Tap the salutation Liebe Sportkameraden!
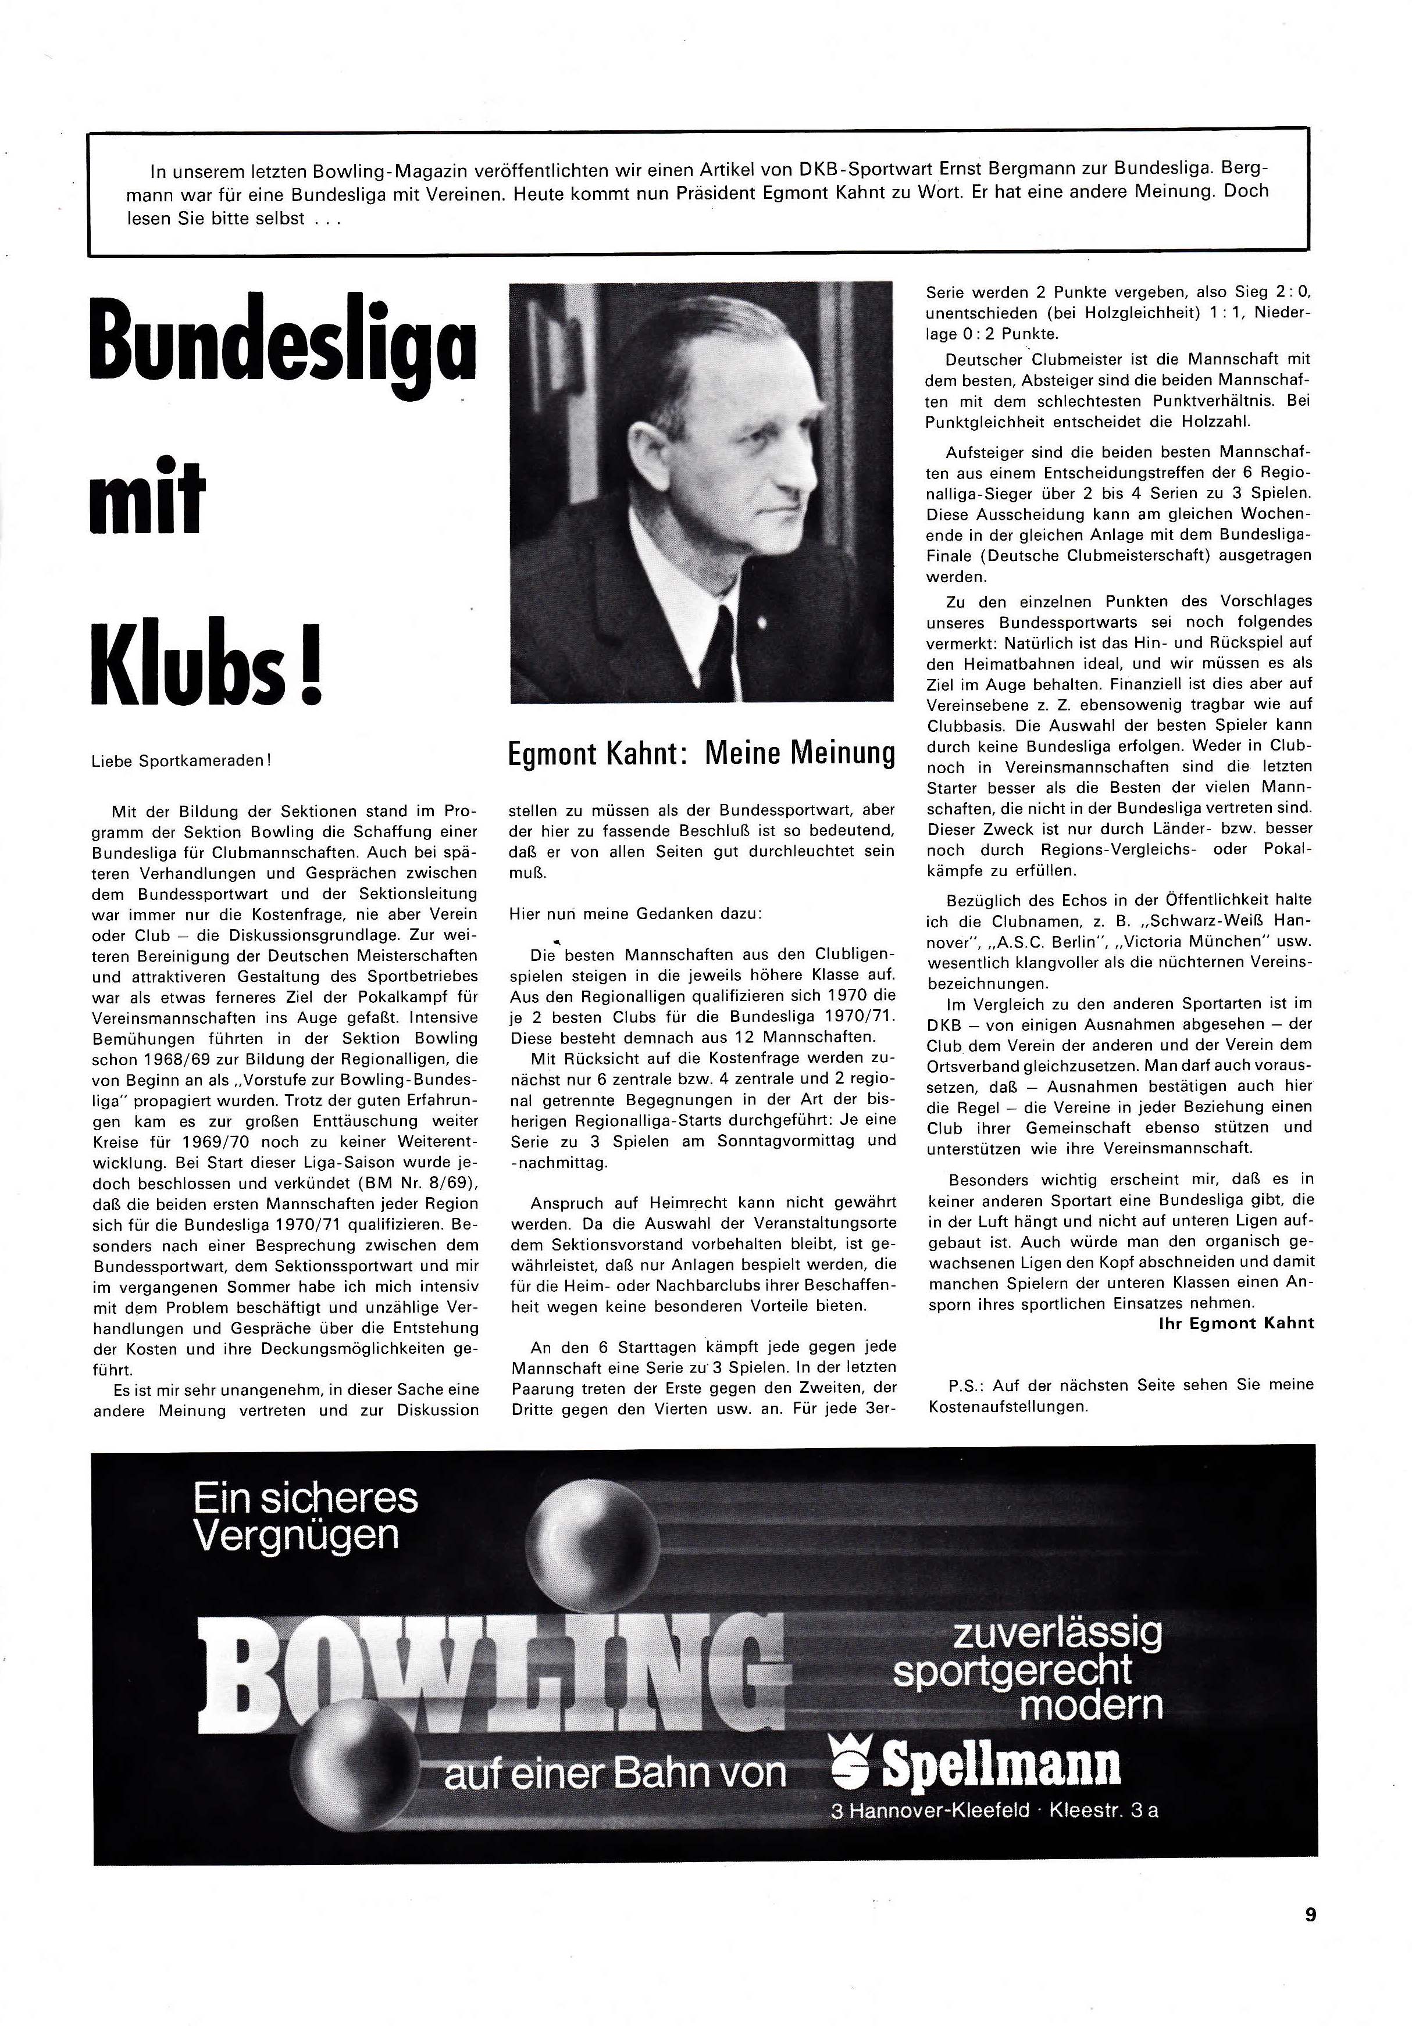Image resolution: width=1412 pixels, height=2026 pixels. [x=181, y=760]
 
